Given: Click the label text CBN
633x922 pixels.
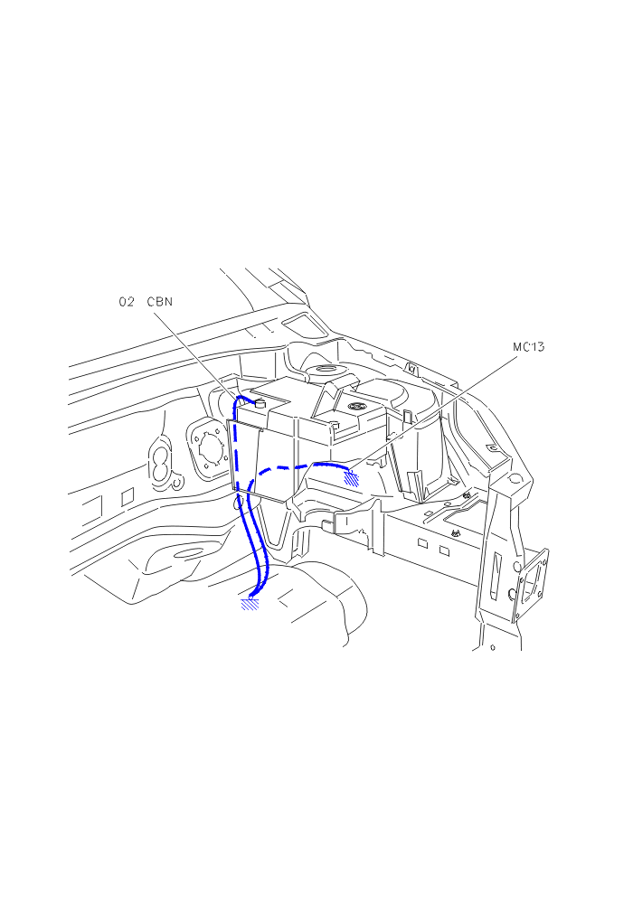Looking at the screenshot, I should coord(160,302).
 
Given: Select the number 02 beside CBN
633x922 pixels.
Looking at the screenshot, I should coord(127,302).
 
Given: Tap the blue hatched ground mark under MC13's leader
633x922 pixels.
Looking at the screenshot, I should coord(352,476).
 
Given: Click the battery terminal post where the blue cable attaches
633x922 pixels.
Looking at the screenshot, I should coord(260,404).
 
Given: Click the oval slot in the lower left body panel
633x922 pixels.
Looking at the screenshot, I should coord(189,552).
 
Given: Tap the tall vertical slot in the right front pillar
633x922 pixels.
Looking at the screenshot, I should coord(496,575).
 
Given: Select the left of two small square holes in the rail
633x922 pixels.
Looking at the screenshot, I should coord(422,543).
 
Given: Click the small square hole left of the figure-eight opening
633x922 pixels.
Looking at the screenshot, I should coord(128,495).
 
